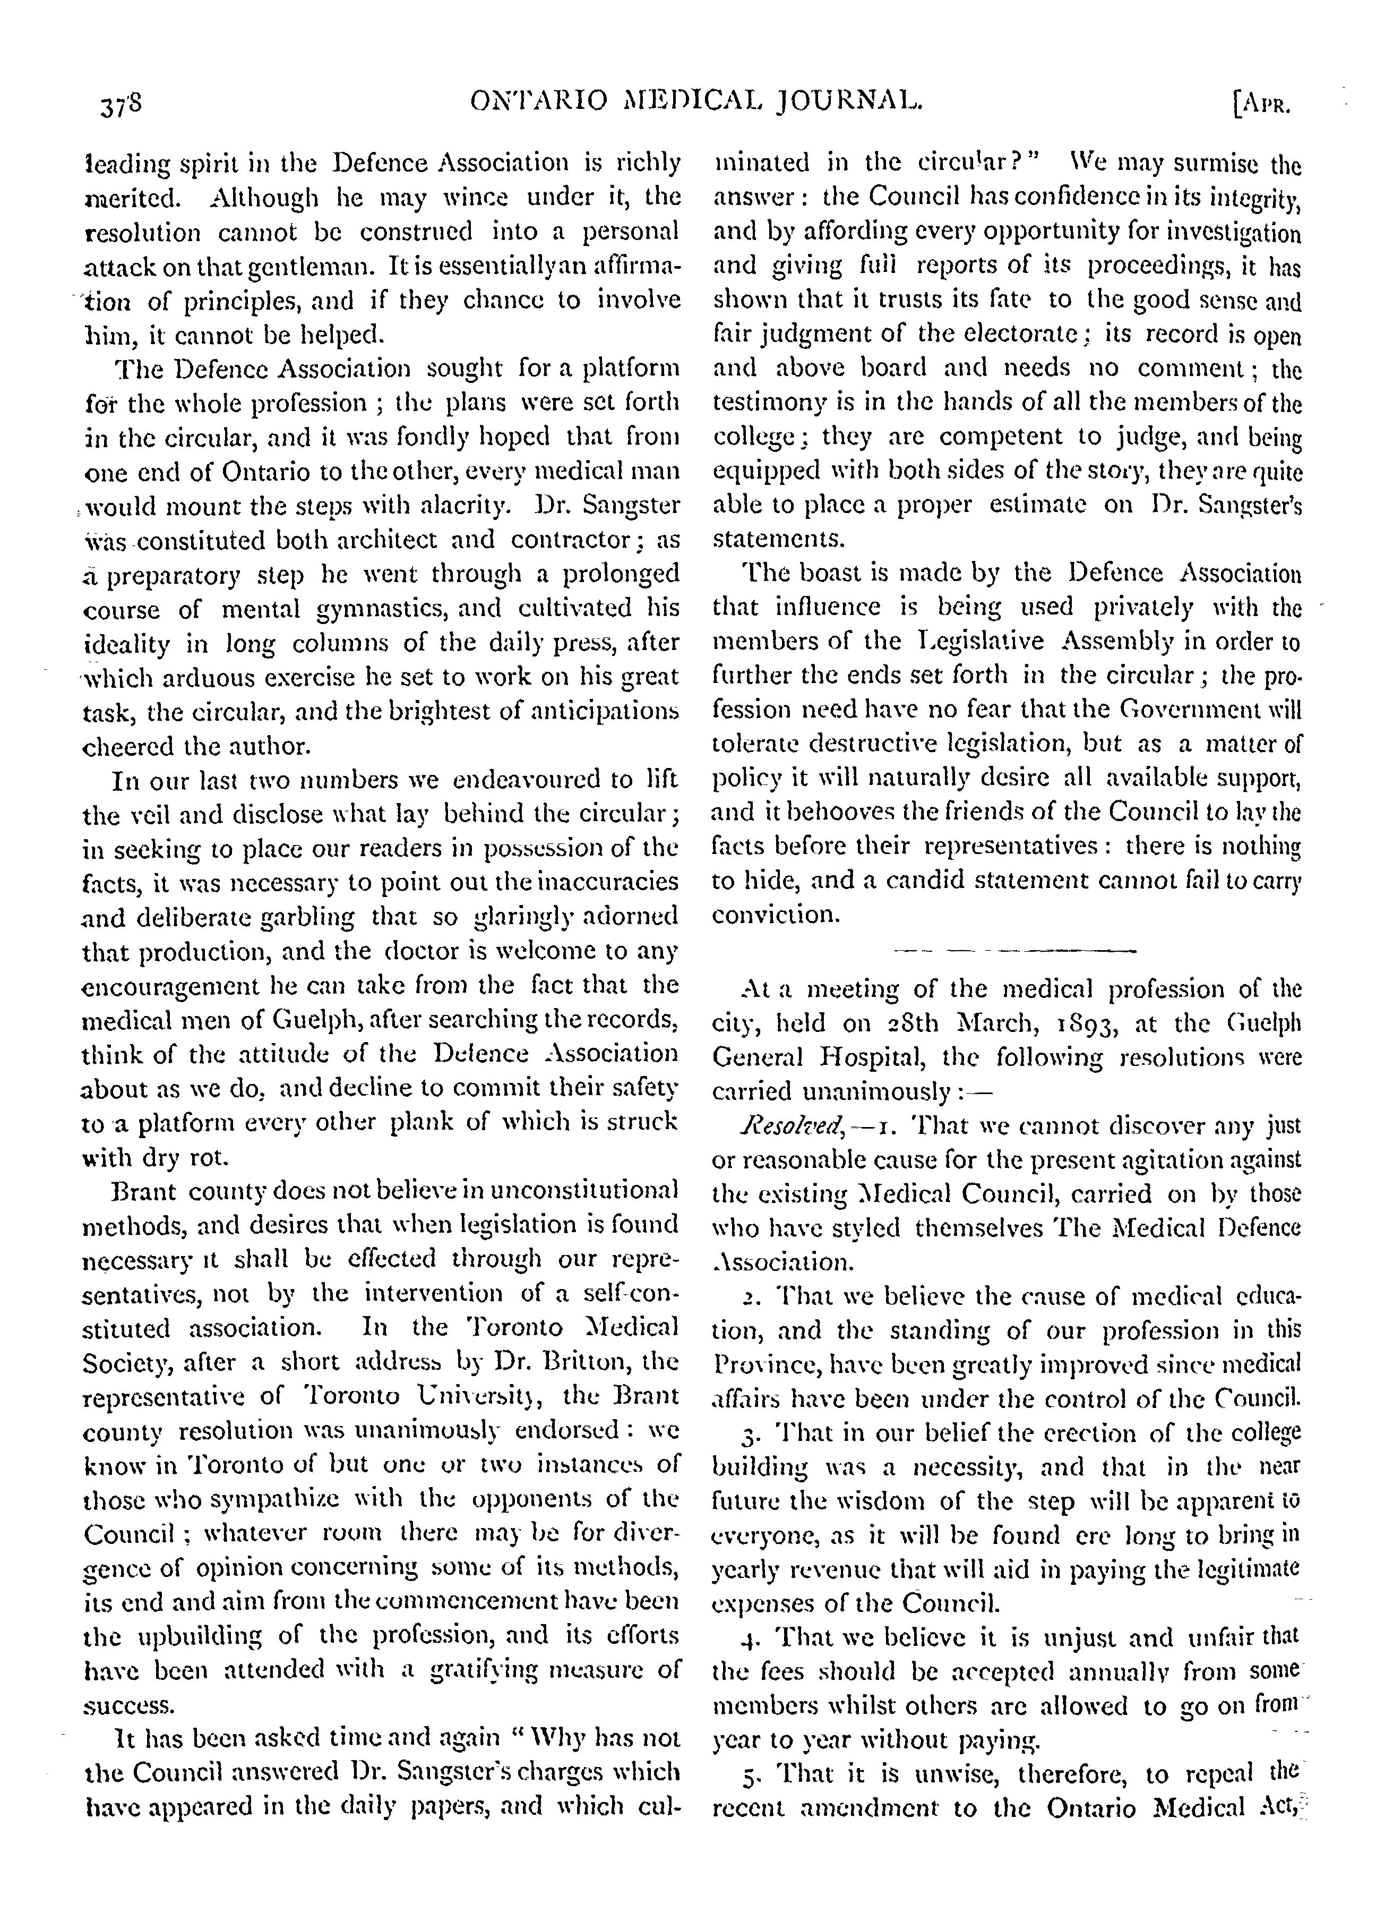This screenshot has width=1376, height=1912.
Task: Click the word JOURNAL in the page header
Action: [x=847, y=103]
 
